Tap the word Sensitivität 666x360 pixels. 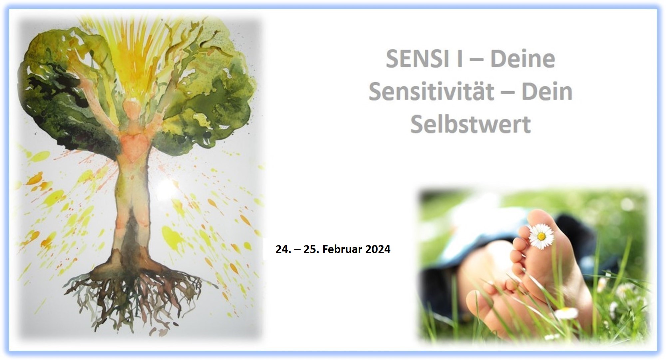click(x=432, y=92)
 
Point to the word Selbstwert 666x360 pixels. click(x=471, y=124)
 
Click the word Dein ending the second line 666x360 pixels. click(x=547, y=92)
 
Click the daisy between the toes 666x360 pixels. click(x=541, y=235)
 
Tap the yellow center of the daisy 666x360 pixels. click(x=541, y=236)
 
